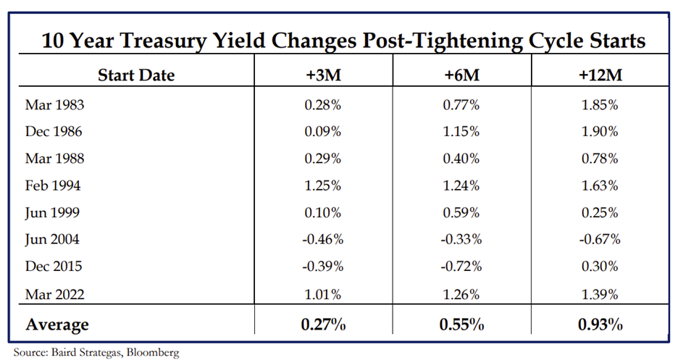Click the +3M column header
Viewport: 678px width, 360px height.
tap(324, 75)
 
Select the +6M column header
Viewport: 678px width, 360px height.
tap(462, 75)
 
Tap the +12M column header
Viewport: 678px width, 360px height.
tap(600, 75)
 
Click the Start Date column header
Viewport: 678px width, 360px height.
tap(136, 75)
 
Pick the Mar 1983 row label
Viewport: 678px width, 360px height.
tap(54, 104)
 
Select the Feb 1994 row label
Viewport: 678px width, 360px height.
tap(53, 185)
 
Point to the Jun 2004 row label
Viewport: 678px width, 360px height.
tap(52, 240)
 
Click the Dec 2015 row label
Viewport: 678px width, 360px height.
tap(54, 267)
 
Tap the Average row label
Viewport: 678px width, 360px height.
tap(57, 325)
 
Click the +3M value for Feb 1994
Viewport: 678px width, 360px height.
tap(323, 186)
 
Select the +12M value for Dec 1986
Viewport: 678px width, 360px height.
tap(600, 131)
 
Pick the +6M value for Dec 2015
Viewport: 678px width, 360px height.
tap(461, 267)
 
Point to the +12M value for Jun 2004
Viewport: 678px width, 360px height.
tap(600, 240)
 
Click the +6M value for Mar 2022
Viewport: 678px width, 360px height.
tap(461, 294)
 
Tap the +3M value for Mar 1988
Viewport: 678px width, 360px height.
tap(323, 159)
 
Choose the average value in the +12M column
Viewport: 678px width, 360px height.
tap(600, 324)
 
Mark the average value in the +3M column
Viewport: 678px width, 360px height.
tap(324, 324)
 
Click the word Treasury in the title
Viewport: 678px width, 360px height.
tap(162, 41)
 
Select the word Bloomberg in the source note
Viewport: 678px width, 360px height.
tap(153, 352)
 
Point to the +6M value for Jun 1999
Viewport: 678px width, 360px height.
tap(461, 213)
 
